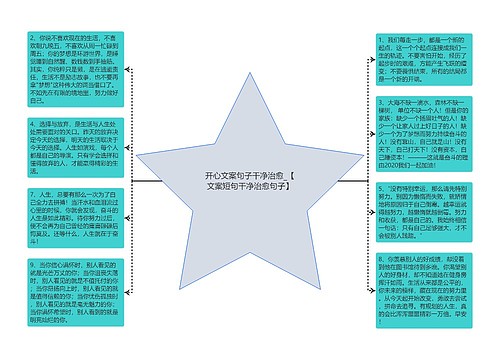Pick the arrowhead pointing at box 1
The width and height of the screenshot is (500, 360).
pos(368,62)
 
